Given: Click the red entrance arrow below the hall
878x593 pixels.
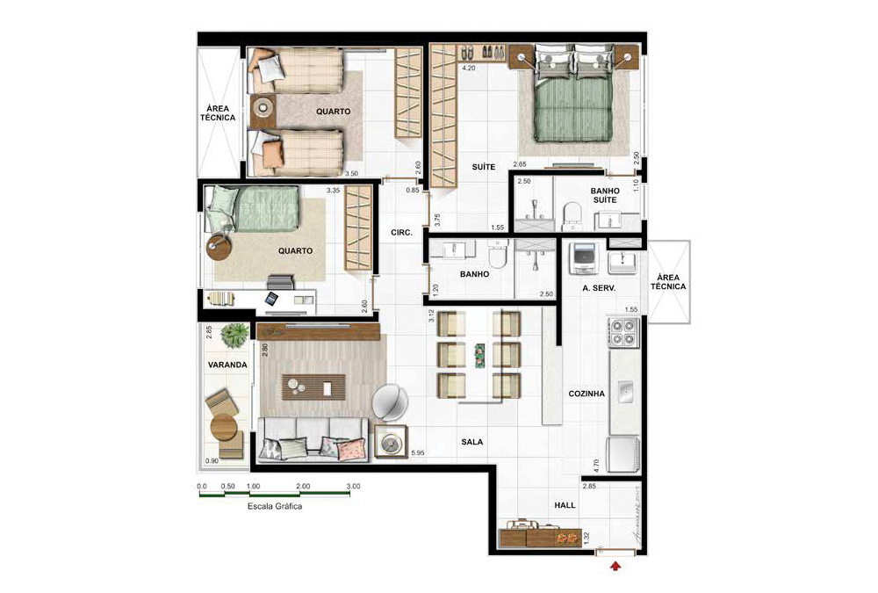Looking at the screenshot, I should pyautogui.click(x=615, y=567).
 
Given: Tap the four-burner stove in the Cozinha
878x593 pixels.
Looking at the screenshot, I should pyautogui.click(x=623, y=331).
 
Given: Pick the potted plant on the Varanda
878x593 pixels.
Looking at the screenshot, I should pyautogui.click(x=234, y=333).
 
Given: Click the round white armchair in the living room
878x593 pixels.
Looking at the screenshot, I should pyautogui.click(x=390, y=402).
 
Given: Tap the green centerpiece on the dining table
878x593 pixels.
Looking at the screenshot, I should pyautogui.click(x=479, y=355).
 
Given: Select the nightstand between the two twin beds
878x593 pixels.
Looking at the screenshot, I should pyautogui.click(x=263, y=112).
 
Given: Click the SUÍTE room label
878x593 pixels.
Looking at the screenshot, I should pyautogui.click(x=483, y=167).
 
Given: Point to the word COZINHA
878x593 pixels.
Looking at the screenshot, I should pyautogui.click(x=587, y=394).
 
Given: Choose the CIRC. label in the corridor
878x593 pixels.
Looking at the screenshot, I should pyautogui.click(x=402, y=233).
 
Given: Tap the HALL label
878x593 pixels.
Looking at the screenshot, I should pyautogui.click(x=565, y=506).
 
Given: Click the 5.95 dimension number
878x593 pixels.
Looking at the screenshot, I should pyautogui.click(x=418, y=453).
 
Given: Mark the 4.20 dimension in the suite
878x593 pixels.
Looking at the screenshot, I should pyautogui.click(x=469, y=68).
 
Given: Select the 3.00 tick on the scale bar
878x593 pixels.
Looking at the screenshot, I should pyautogui.click(x=352, y=486).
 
